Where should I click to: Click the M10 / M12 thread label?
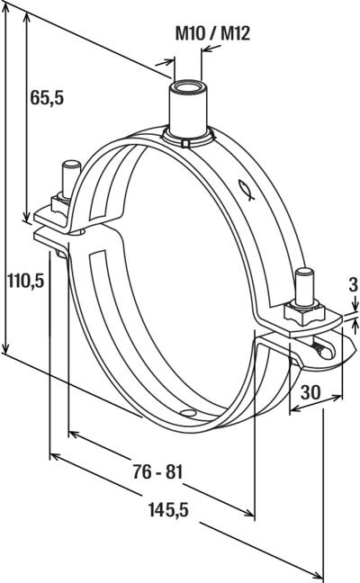(212, 33)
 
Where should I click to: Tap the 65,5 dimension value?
(47, 97)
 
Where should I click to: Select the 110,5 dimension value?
(26, 281)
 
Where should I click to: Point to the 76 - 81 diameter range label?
(158, 472)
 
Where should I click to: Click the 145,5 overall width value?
(168, 509)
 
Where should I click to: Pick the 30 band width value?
(310, 392)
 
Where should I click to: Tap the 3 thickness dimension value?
(354, 285)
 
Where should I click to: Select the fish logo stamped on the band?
(247, 190)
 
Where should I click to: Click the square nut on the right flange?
(304, 313)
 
